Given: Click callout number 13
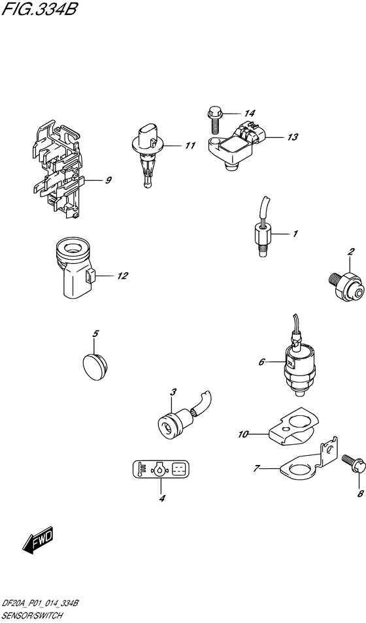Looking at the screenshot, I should pos(292,137).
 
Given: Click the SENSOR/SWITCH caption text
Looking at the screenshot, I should pos(33,616).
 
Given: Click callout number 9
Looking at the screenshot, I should pos(108,181).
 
